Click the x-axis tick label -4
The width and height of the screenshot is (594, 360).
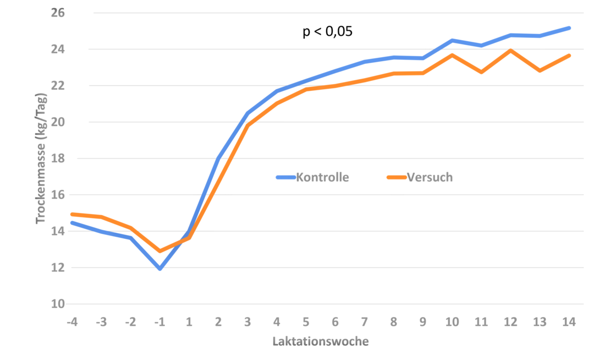(71, 321)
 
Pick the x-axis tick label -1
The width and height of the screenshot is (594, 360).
(159, 321)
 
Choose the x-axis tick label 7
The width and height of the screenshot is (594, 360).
(364, 321)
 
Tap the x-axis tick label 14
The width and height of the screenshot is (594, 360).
(569, 321)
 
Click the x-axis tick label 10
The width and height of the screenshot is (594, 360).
(452, 321)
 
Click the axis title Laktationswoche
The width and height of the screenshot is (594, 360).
(320, 341)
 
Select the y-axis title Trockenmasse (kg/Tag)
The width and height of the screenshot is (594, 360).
(42, 158)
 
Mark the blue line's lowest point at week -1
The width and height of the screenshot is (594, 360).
(160, 269)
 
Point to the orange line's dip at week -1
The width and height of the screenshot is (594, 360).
(159, 251)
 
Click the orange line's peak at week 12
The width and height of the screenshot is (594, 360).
(511, 51)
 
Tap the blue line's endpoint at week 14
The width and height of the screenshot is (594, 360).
(570, 28)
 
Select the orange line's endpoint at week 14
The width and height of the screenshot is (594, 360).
(570, 55)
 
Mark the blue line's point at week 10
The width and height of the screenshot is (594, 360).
(452, 40)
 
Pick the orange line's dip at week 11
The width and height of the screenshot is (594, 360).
(481, 72)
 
